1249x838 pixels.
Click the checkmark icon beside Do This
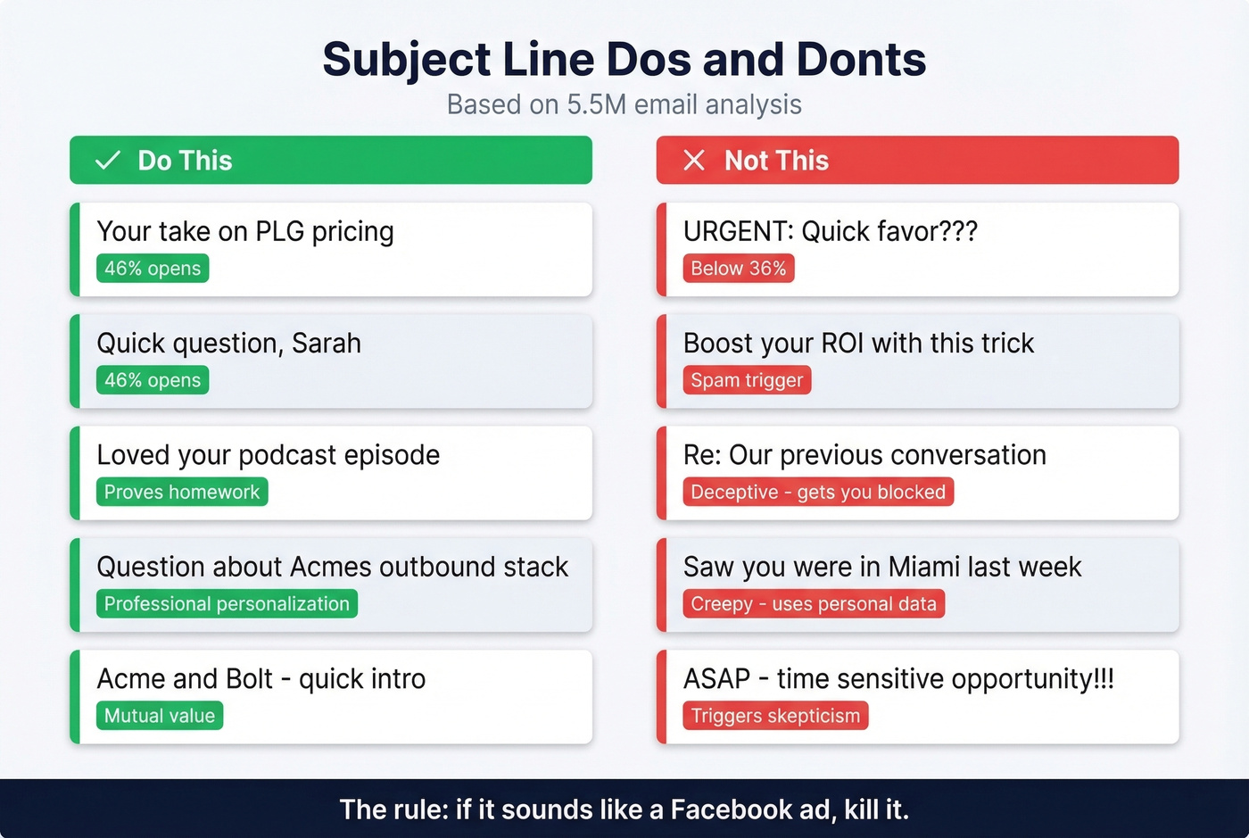tap(108, 161)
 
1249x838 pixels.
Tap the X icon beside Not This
tap(694, 161)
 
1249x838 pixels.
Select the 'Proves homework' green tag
tap(182, 492)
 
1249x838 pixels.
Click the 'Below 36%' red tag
tap(738, 269)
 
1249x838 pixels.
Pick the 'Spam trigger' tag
tap(747, 380)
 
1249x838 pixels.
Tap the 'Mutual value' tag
tap(160, 716)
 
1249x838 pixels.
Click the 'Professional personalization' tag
tap(227, 604)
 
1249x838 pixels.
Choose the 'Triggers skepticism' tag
tap(775, 716)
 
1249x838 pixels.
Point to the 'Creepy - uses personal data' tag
tap(813, 604)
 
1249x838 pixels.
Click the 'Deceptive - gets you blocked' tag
tap(817, 492)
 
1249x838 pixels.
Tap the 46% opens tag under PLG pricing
tap(153, 269)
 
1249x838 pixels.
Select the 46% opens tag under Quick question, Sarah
tap(153, 380)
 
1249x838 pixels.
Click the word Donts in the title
tap(861, 60)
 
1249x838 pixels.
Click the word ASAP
tap(716, 679)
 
